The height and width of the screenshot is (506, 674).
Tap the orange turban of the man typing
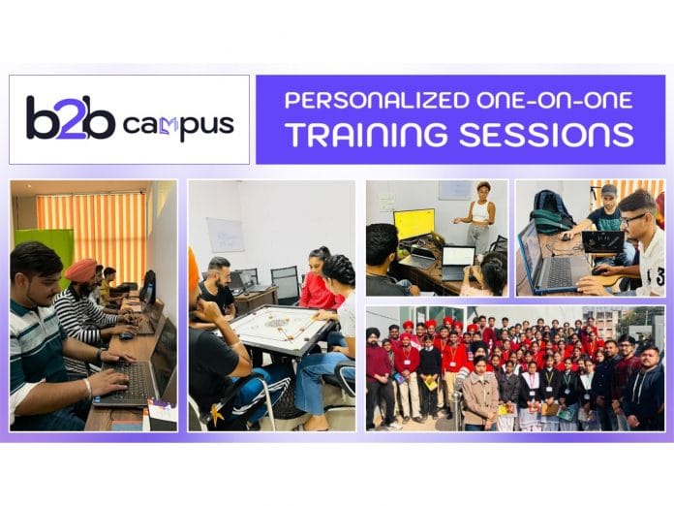(81, 270)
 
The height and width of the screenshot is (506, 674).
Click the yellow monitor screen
(414, 225)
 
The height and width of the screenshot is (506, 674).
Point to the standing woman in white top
(479, 219)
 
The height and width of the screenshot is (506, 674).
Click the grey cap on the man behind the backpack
(608, 190)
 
